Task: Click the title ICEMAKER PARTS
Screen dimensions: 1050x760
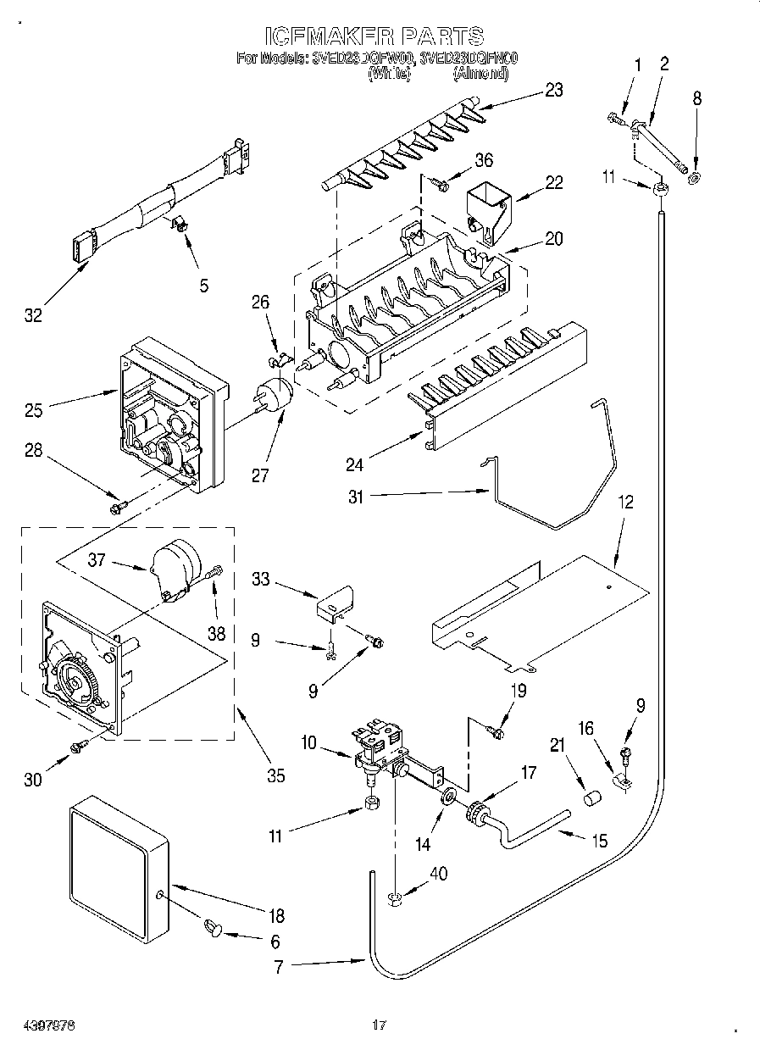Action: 374,36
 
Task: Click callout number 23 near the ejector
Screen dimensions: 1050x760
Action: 553,91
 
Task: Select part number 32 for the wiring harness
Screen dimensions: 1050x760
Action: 32,316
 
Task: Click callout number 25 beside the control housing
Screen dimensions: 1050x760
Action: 35,410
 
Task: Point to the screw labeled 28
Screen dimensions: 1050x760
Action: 118,507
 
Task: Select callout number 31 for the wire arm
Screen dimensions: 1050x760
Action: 355,497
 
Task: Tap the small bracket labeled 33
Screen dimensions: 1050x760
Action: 335,602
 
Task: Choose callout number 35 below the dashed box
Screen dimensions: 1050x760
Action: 275,775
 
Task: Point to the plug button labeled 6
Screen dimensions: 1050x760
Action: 213,931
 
